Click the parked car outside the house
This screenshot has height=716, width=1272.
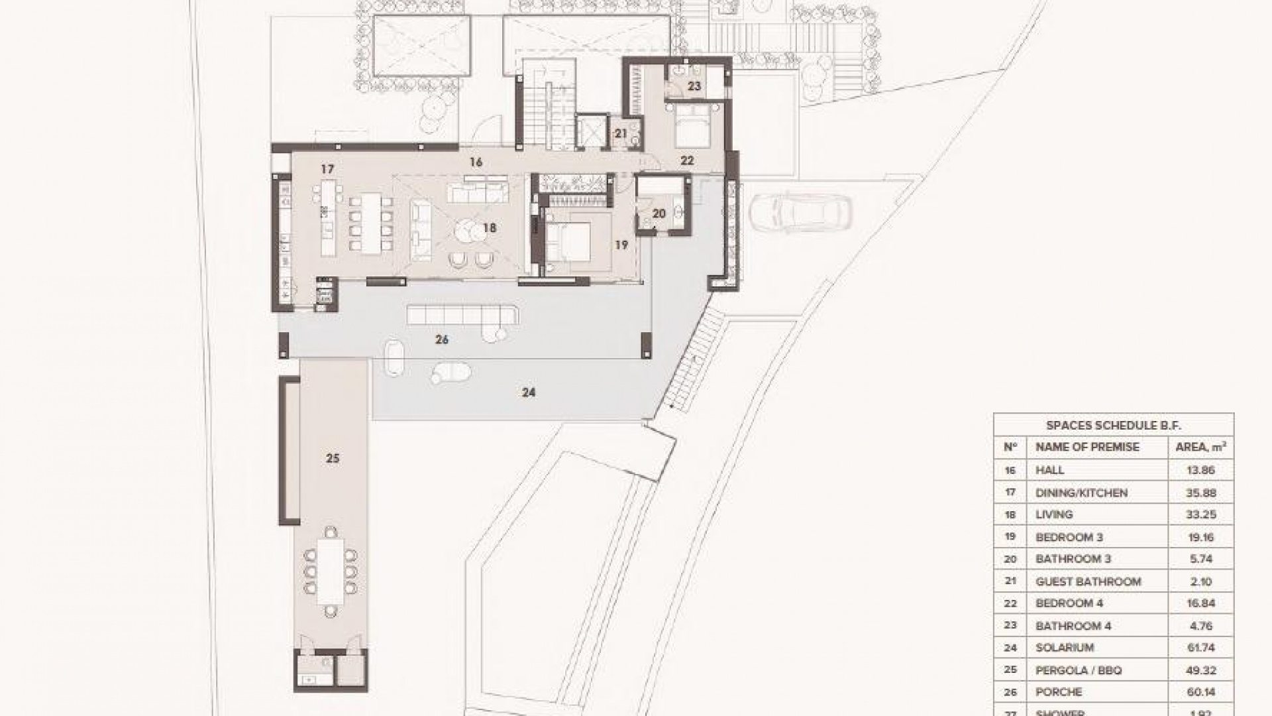click(x=800, y=212)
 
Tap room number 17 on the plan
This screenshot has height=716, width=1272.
click(x=327, y=170)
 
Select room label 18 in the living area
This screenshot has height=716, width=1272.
click(x=490, y=228)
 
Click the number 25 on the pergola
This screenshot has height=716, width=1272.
click(x=333, y=458)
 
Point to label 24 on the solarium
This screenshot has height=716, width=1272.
click(x=528, y=392)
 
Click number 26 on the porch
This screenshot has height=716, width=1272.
click(x=442, y=339)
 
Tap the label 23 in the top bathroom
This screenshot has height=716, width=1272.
click(x=694, y=86)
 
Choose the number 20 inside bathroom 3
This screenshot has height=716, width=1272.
click(x=659, y=213)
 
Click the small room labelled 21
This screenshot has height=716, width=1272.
click(x=621, y=133)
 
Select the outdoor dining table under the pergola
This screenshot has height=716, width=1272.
click(x=330, y=570)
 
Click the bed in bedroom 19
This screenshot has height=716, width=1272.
click(x=568, y=243)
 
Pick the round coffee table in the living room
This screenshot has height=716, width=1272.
click(x=470, y=231)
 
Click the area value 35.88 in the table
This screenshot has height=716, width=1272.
click(x=1200, y=493)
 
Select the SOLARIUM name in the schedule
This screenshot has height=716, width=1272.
click(x=1065, y=648)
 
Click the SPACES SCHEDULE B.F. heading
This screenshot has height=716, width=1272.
click(x=1113, y=426)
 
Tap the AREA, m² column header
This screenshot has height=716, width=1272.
click(x=1200, y=447)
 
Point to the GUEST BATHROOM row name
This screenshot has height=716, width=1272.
click(x=1088, y=581)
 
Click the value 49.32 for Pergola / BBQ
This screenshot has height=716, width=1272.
click(x=1200, y=670)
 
